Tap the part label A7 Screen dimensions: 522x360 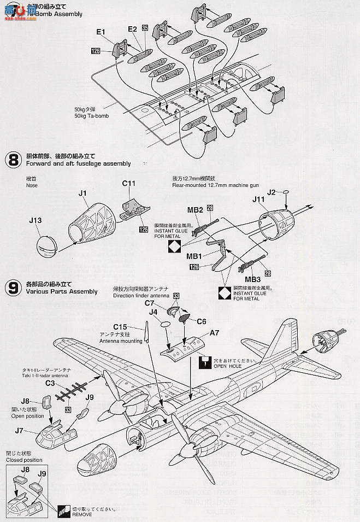215,332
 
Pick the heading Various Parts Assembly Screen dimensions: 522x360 61,291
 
